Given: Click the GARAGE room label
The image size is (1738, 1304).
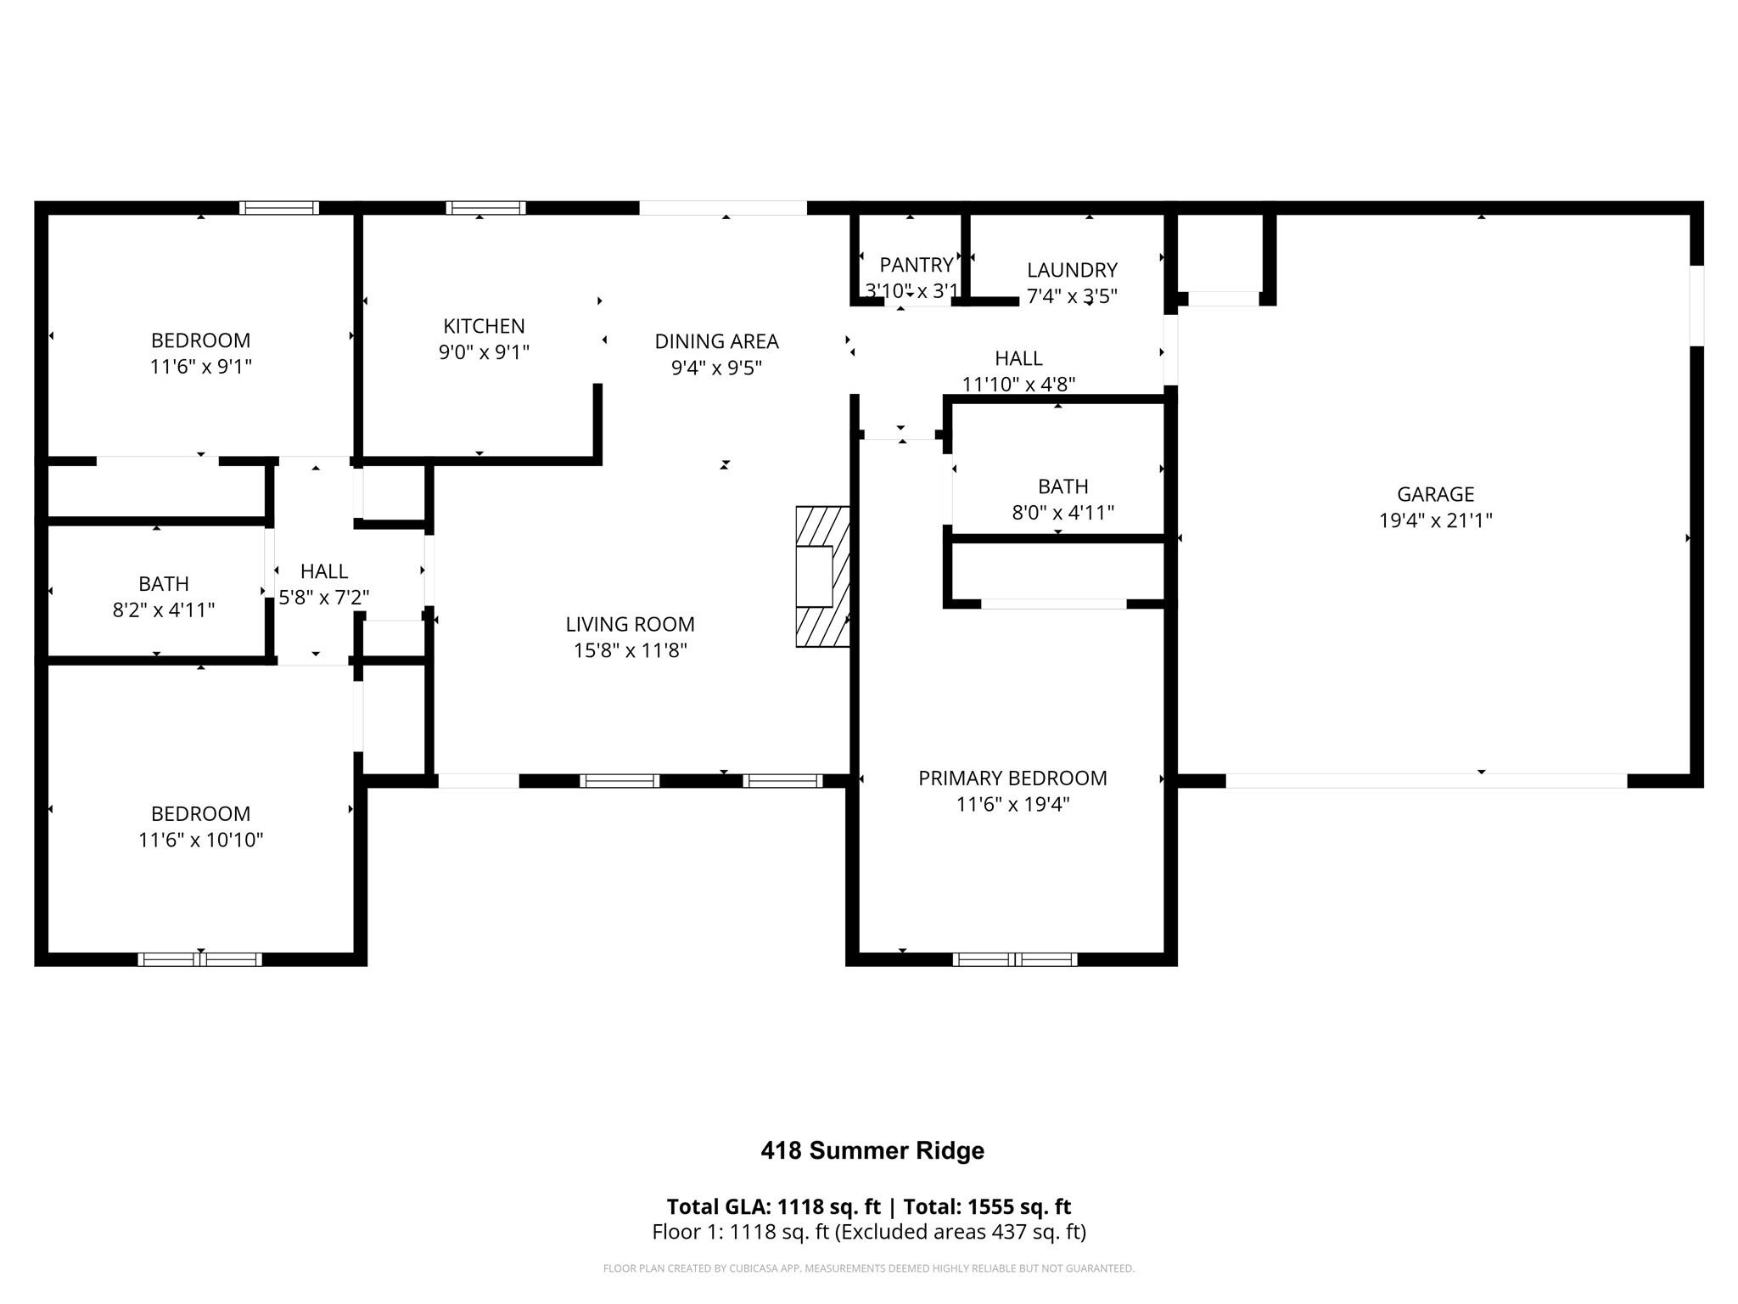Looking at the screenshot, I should click(x=1435, y=494).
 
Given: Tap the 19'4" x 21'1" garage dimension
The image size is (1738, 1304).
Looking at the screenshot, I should click(x=1435, y=520).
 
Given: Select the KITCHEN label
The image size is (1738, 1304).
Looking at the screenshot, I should click(x=484, y=326).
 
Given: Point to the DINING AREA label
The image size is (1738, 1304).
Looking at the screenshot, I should click(x=716, y=341).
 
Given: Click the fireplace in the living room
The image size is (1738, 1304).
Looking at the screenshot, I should click(x=821, y=576).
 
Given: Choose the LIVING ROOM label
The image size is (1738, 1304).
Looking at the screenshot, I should click(x=630, y=625).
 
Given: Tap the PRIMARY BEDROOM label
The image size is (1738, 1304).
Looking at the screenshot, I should click(x=1012, y=778).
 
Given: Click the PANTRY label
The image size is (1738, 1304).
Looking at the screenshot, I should click(x=916, y=265).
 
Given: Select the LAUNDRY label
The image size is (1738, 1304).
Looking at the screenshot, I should click(x=1072, y=270).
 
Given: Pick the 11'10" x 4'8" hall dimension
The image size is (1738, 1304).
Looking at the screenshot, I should click(x=1018, y=385).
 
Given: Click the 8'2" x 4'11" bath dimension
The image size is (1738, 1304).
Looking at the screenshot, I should click(x=164, y=610).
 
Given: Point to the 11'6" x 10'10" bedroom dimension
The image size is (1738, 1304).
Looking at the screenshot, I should click(x=201, y=840).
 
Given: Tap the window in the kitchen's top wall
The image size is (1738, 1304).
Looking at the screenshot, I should click(x=485, y=208).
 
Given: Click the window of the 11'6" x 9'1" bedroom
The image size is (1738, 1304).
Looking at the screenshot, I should click(x=278, y=208).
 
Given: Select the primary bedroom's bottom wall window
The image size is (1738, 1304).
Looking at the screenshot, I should click(x=1015, y=959).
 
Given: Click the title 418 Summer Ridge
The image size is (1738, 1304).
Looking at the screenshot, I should click(x=872, y=1151).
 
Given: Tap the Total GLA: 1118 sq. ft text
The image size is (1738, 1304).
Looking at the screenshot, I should click(x=773, y=1207).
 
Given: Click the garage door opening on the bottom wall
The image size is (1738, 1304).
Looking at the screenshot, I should click(x=1426, y=781).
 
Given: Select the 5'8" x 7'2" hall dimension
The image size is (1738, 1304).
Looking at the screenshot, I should click(x=324, y=598).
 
